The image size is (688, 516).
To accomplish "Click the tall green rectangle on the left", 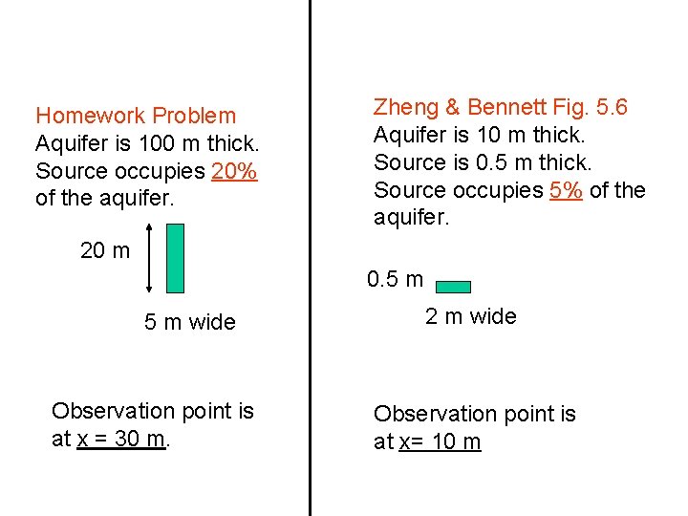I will pos(175,258).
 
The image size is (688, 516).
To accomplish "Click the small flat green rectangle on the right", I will pos(454,286).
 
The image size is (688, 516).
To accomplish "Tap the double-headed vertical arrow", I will pos(150,258).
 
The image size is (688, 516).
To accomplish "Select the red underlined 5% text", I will pos(567,190).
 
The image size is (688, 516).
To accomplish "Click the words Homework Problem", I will pos(136,116).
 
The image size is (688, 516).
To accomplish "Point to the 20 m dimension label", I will pos(105,250).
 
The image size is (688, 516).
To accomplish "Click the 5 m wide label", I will pos(189,322).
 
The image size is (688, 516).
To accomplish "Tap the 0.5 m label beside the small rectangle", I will pos(395,280).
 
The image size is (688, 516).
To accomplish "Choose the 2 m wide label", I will pos(470,316).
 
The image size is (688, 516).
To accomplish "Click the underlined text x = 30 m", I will pos(122,439).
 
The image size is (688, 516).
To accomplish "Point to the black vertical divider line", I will pos(310,258).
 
